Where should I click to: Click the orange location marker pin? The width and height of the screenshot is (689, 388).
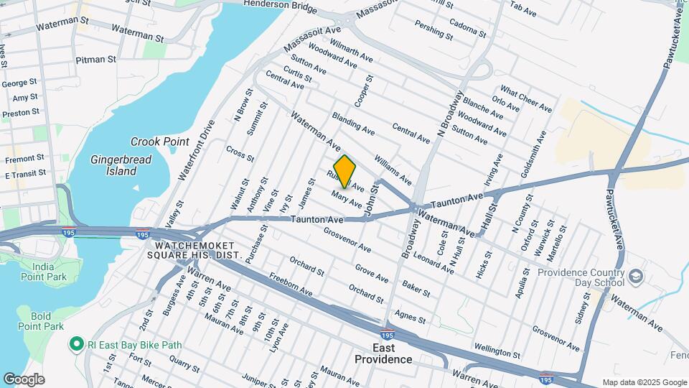click(345, 171)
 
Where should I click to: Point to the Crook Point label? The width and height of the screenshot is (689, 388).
click(154, 142)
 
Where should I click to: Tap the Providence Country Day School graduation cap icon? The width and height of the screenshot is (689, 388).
click(635, 277)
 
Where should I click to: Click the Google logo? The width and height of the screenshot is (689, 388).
click(24, 379)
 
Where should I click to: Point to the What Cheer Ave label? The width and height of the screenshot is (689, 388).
click(526, 100)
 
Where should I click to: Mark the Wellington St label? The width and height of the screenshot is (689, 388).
click(496, 351)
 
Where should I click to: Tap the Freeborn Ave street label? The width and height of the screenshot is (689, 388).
click(291, 283)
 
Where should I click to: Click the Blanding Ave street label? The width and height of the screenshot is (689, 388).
click(352, 124)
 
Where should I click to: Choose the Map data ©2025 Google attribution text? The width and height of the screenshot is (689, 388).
click(644, 382)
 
